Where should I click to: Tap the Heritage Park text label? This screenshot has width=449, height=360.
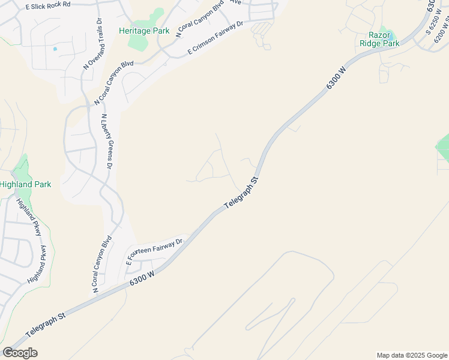coord(144,31)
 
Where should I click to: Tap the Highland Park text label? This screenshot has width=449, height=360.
coord(25,185)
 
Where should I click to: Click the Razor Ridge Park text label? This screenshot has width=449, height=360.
coord(379,38)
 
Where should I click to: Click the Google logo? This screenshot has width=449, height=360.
coord(20,353)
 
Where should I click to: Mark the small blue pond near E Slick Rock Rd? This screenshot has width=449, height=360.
coord(55,49)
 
